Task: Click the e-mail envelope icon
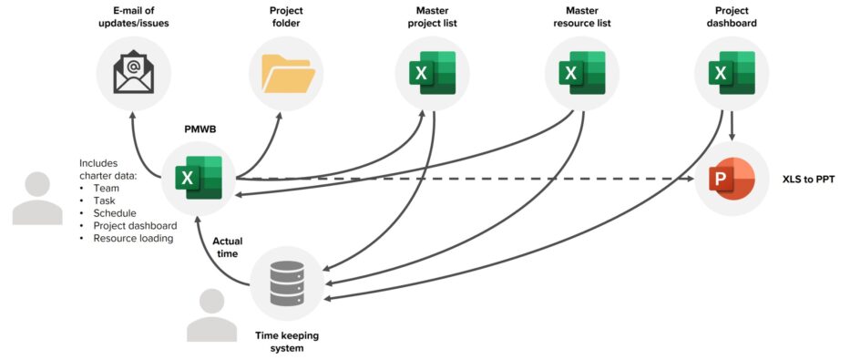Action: coord(134,74)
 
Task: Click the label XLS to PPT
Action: coord(808,180)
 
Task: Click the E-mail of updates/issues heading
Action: coord(134,16)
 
